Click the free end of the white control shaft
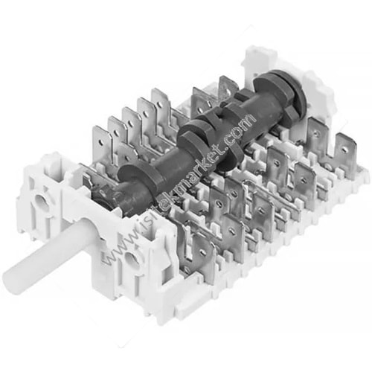click(17, 278)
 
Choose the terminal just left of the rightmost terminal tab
click(320, 141)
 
